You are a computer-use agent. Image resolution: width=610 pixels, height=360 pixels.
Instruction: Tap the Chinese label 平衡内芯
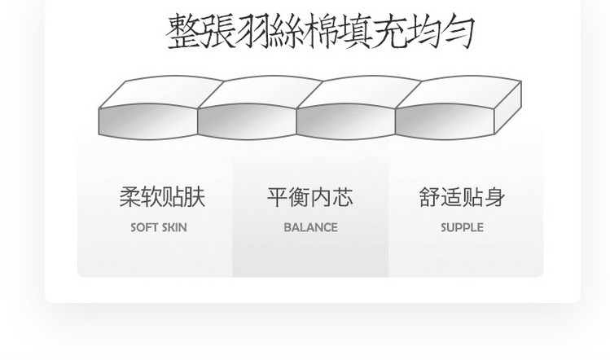[309, 197]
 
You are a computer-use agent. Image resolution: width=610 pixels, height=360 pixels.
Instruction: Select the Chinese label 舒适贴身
[462, 197]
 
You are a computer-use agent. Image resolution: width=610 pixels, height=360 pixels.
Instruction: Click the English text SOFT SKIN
[159, 228]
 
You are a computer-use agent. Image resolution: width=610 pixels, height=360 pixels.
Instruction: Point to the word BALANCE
[310, 228]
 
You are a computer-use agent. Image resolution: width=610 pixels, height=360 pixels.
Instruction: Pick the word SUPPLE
[462, 228]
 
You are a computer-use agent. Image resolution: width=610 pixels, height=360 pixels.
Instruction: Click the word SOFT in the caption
[144, 228]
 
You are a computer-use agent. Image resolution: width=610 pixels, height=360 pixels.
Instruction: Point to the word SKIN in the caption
[173, 228]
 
